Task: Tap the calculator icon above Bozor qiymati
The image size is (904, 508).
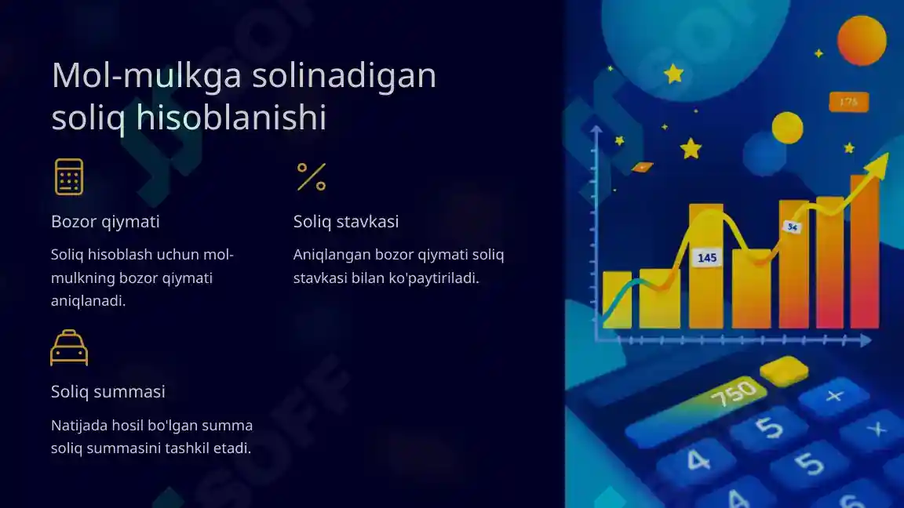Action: pos(69,176)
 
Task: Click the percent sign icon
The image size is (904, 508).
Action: pos(311,176)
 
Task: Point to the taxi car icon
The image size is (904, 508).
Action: pos(69,348)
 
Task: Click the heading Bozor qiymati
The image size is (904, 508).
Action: pos(105,222)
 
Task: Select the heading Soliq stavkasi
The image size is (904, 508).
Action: pos(346,222)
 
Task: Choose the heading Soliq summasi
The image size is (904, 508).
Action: pos(108,391)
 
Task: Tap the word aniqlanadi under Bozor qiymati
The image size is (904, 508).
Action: pos(88,301)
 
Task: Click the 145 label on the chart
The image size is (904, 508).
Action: pos(707,257)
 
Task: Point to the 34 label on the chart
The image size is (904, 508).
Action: pos(793,227)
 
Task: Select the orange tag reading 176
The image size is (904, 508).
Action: pos(848,102)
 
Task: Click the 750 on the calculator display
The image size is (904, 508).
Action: pos(733,393)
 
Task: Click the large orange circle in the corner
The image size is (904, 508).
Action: pos(862,40)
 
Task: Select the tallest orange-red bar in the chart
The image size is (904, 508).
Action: pos(865,251)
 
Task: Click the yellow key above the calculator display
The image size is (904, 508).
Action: pos(785,369)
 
